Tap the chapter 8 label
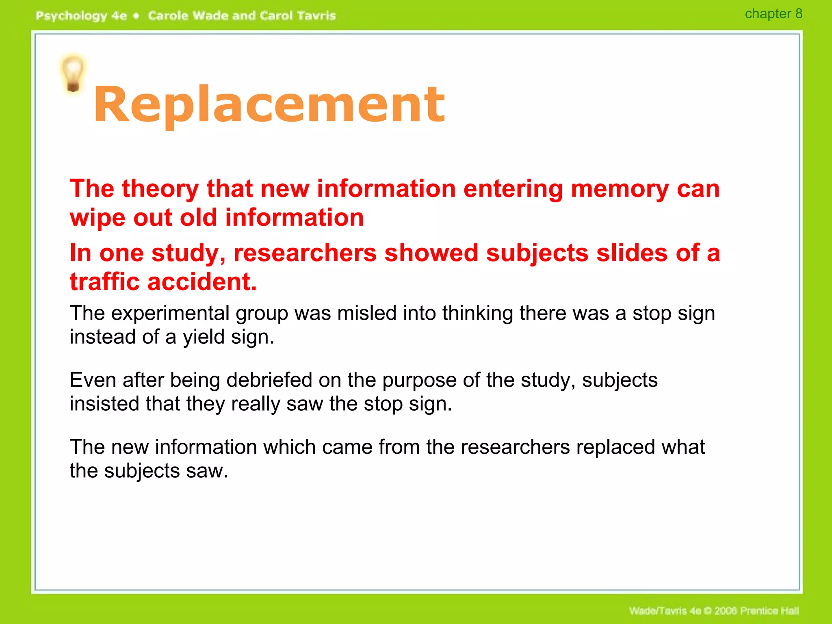click(773, 14)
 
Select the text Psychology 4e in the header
click(81, 16)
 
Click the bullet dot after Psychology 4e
click(136, 16)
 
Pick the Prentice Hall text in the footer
click(769, 611)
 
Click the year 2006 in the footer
click(726, 611)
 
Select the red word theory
click(160, 189)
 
